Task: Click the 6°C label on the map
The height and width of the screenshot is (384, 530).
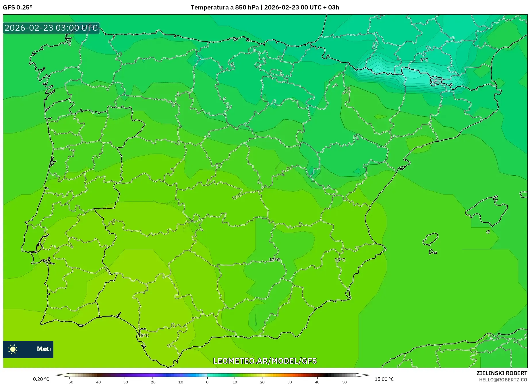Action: (x=424, y=60)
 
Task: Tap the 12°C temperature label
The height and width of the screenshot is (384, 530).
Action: (x=274, y=260)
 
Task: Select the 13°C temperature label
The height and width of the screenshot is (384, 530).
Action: (x=340, y=260)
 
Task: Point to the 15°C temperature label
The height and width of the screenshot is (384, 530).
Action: (x=143, y=335)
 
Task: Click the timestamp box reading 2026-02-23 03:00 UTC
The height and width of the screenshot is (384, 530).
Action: (x=51, y=28)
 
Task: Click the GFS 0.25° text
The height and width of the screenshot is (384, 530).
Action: (x=18, y=7)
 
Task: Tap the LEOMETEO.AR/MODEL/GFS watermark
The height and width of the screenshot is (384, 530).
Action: (x=265, y=361)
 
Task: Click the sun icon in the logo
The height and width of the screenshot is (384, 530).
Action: (x=13, y=349)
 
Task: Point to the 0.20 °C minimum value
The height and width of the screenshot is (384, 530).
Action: (x=41, y=379)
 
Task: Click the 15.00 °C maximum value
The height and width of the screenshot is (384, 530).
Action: (x=384, y=379)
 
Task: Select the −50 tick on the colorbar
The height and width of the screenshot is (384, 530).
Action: (x=69, y=382)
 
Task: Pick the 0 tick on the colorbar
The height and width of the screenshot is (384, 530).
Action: (x=207, y=382)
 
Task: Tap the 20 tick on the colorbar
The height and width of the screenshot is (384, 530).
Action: (x=262, y=382)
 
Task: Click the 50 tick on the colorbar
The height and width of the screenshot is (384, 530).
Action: (x=345, y=382)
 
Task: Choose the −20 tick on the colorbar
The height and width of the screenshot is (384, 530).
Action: (x=152, y=382)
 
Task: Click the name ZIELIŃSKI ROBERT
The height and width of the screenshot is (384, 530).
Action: (x=502, y=373)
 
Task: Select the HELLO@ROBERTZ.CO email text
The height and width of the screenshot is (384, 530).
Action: (x=503, y=380)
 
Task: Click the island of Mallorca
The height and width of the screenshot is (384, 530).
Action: (x=486, y=211)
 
